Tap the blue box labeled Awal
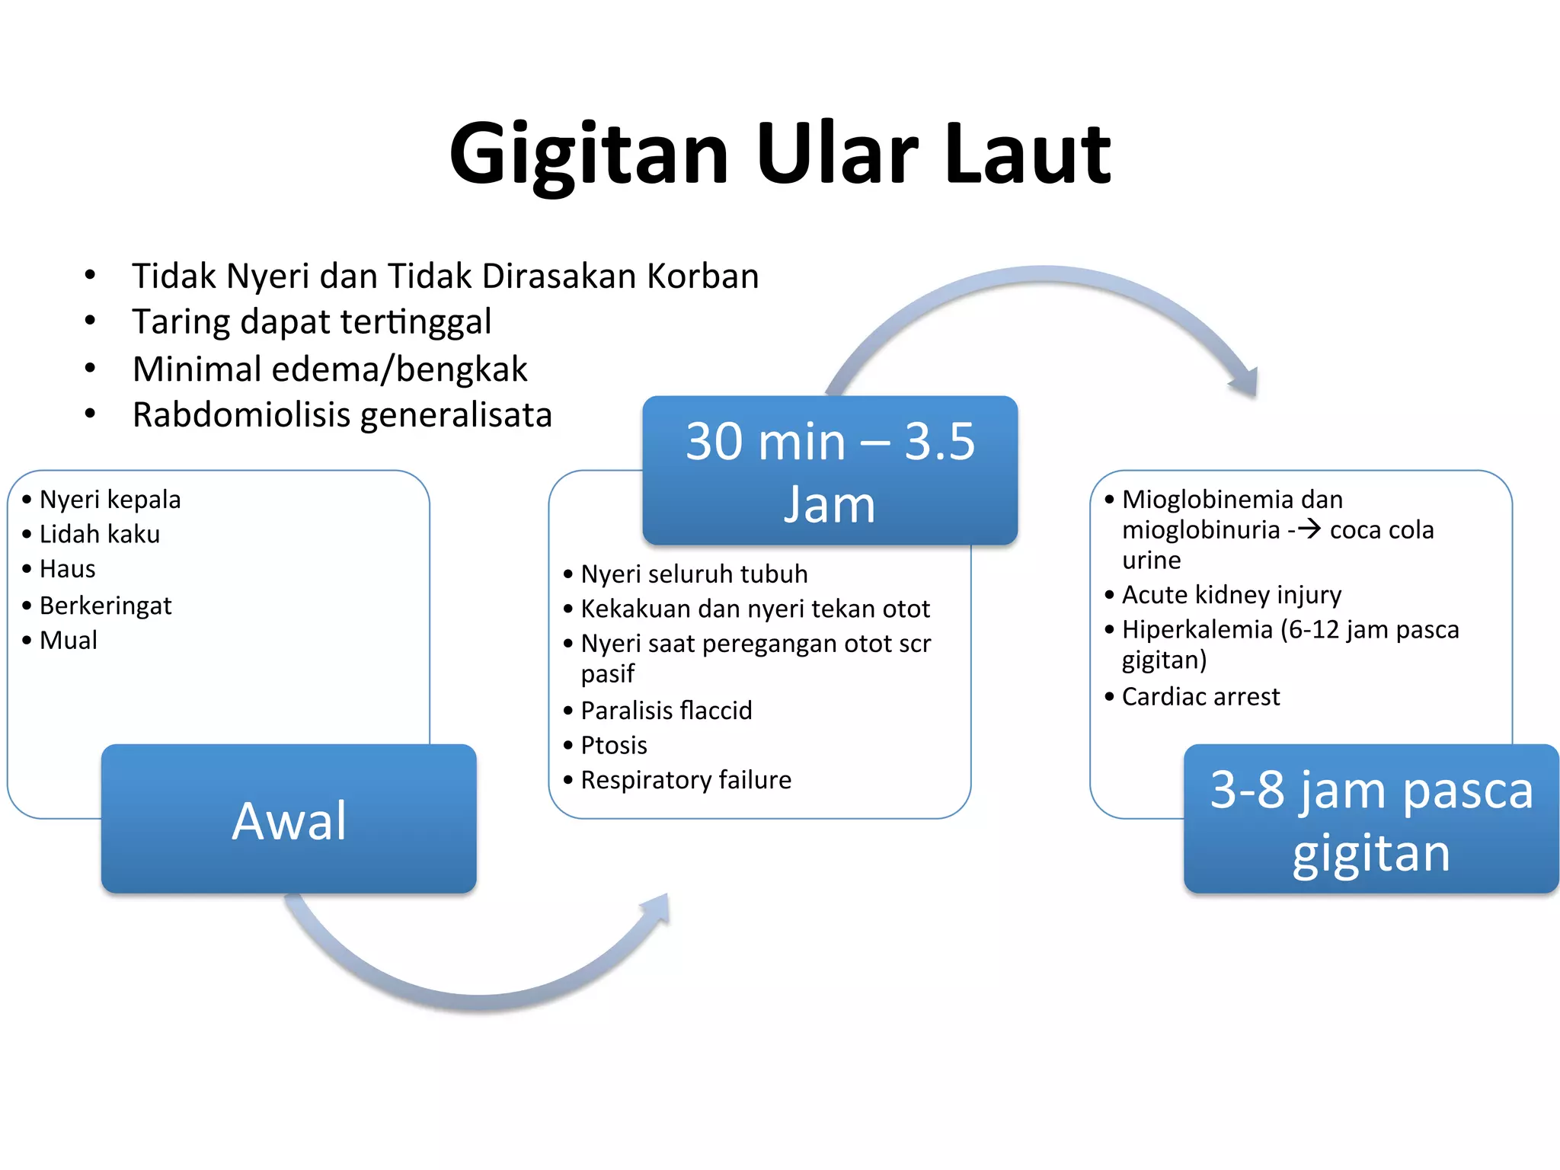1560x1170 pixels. tap(289, 819)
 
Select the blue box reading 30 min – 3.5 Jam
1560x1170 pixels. tap(830, 471)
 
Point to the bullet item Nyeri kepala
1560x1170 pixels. tap(110, 500)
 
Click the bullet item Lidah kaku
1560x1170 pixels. tap(99, 535)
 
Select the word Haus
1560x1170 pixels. tap(67, 569)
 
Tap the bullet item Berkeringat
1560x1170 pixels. tap(105, 606)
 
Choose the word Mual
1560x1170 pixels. tap(68, 641)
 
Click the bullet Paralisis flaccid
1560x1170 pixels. tap(666, 711)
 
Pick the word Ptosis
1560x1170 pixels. tap(613, 746)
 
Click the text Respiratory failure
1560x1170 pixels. tap(686, 780)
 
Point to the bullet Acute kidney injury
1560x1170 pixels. tap(1231, 595)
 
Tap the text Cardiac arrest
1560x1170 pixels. tap(1200, 697)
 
